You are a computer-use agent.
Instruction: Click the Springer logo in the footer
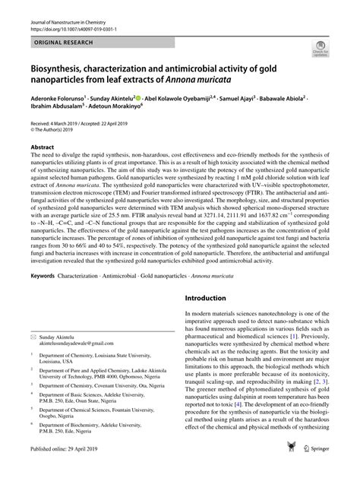tap(311, 469)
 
